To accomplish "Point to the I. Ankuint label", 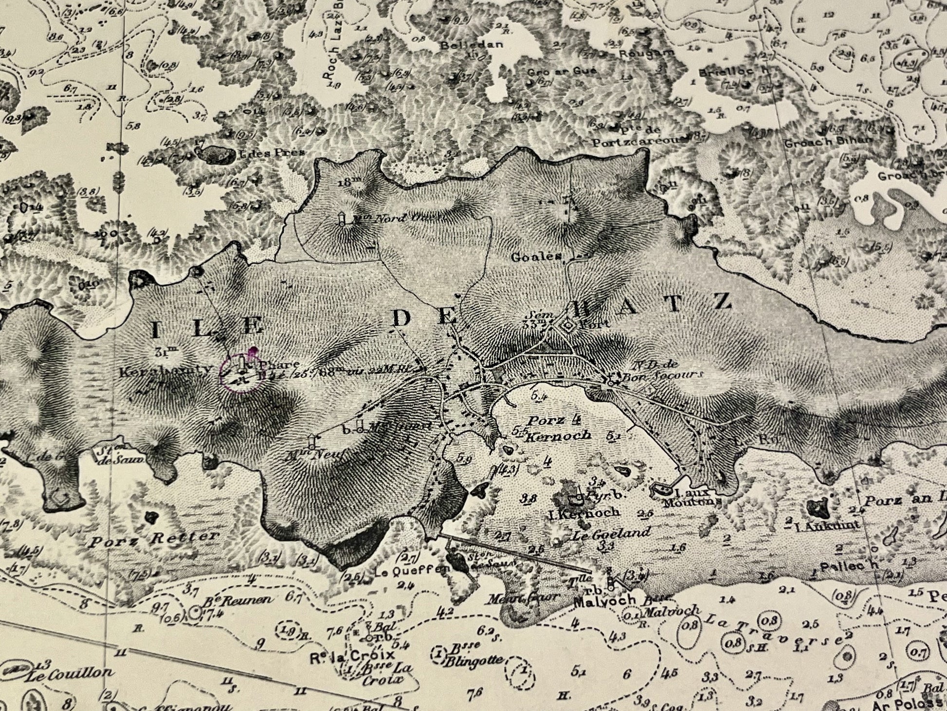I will (x=826, y=525).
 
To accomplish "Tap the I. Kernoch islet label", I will (x=590, y=512).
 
